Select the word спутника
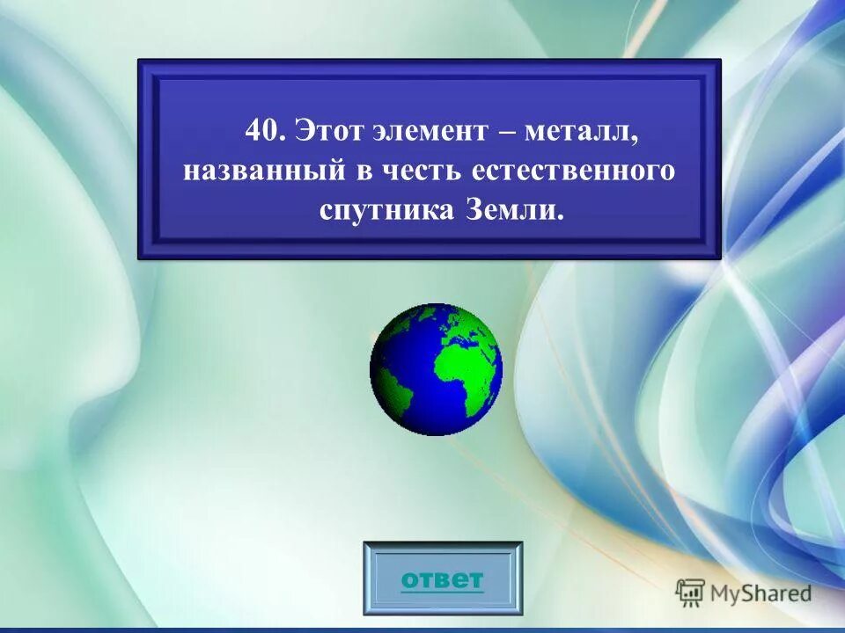coord(383,212)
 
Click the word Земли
coord(510,212)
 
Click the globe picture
coord(436,369)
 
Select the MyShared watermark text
coord(761,593)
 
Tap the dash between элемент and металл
coord(506,134)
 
